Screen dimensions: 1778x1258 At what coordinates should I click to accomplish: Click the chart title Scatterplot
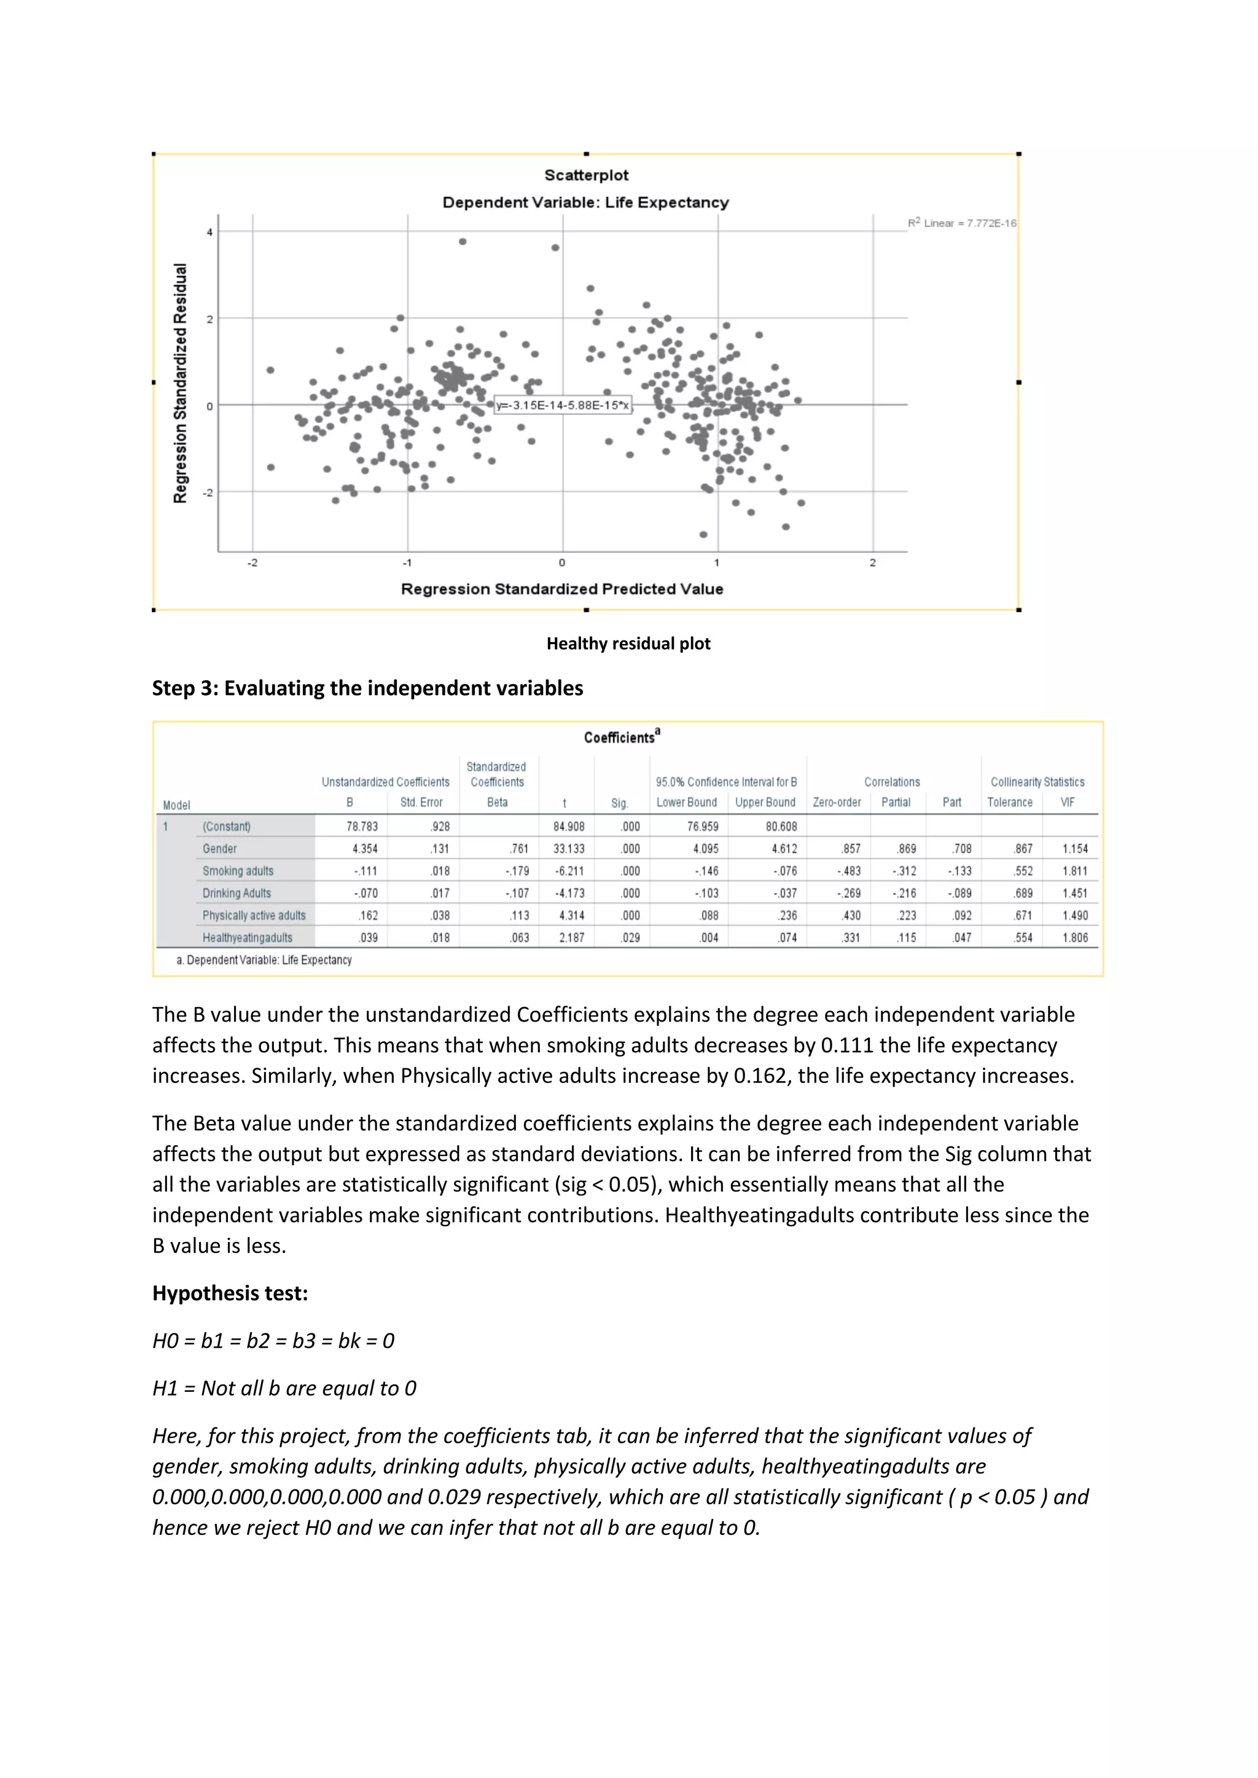pos(587,175)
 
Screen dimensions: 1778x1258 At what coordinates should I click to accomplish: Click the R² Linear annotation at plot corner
pos(961,223)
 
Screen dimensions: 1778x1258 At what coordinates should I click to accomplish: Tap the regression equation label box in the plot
pos(563,405)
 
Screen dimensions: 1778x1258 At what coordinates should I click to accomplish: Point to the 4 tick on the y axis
pos(209,231)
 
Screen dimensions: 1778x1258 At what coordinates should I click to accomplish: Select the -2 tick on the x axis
pos(252,563)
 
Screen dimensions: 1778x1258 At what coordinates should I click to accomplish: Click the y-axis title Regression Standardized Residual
pos(181,383)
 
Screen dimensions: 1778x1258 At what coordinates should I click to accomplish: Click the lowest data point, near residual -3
pos(703,534)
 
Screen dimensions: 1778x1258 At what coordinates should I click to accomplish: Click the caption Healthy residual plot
pos(628,643)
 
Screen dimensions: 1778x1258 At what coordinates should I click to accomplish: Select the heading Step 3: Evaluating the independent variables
pos(367,688)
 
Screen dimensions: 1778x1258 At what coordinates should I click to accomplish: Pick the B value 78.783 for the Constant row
pos(362,826)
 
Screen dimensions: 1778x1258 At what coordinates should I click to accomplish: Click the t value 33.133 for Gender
pos(569,848)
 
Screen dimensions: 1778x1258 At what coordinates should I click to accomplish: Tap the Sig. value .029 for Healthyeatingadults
pos(631,938)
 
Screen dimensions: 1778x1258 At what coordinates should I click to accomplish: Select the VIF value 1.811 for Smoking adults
pos(1074,871)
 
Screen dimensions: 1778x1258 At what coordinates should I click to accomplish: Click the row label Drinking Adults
pos(236,893)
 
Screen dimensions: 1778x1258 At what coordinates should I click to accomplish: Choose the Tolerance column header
pos(1009,802)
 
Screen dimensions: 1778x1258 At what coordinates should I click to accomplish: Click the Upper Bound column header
pos(765,802)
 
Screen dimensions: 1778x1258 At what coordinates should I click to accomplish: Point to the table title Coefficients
pos(620,737)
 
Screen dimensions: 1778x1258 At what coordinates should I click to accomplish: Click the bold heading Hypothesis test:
pos(230,1293)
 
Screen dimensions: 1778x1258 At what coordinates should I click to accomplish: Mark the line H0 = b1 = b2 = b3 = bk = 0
pos(273,1340)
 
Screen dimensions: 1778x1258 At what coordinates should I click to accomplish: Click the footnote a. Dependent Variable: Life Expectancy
pos(264,960)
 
